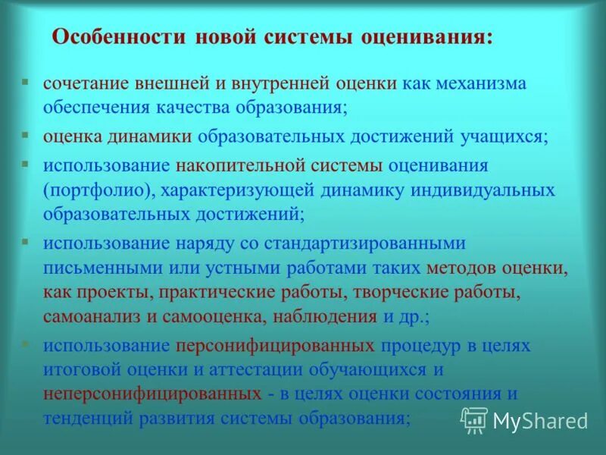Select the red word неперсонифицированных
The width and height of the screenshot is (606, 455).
pyautogui.click(x=148, y=394)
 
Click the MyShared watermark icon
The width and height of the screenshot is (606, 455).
pyautogui.click(x=474, y=419)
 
